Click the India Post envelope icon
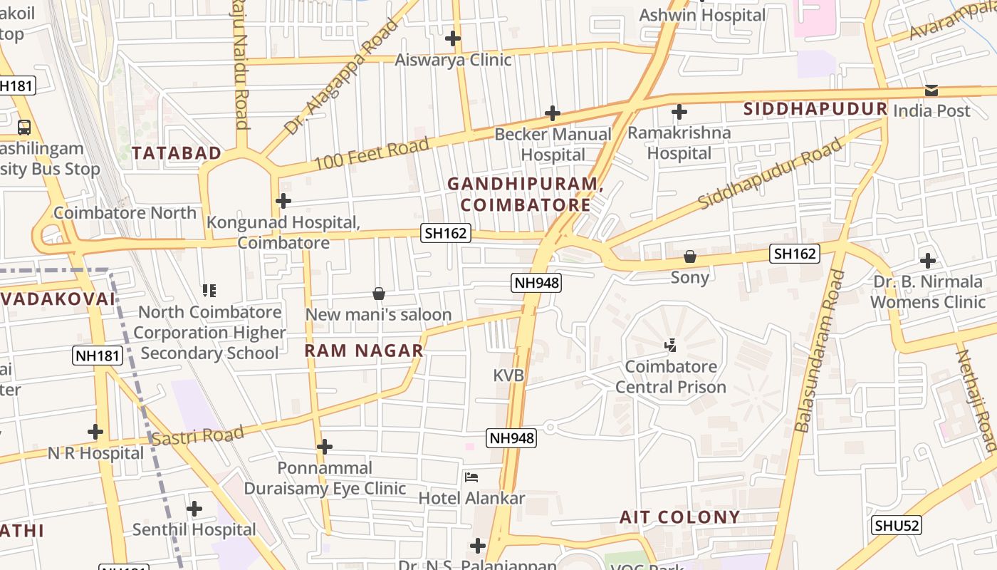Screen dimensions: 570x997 click(931, 90)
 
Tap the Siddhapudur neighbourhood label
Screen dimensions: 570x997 click(815, 109)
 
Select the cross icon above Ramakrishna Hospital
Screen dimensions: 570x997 click(679, 112)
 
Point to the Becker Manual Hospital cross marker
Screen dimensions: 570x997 click(553, 113)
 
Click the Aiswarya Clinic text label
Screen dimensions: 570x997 click(453, 60)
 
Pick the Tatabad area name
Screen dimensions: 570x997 click(177, 153)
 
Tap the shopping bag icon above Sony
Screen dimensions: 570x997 click(689, 256)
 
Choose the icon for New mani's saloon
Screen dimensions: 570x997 click(379, 294)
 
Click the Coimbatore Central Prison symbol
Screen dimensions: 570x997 click(670, 346)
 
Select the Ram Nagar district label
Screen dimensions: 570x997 click(364, 351)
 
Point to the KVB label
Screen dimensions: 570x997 click(508, 375)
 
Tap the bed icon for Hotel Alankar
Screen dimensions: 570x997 click(471, 477)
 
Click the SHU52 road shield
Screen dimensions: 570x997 click(897, 526)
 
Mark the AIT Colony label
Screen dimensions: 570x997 click(679, 517)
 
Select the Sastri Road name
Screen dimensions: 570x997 click(198, 435)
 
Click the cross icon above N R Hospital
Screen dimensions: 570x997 click(95, 432)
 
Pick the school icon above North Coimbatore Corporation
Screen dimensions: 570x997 click(209, 291)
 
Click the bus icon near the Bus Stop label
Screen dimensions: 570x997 click(24, 128)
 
